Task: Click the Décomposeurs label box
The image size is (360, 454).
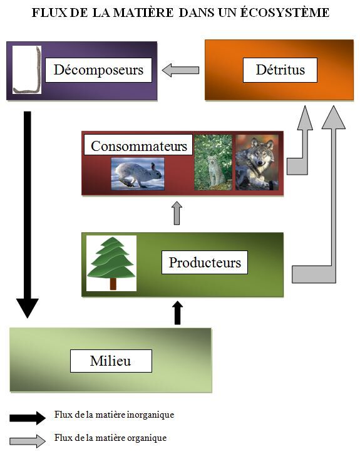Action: pos(98,70)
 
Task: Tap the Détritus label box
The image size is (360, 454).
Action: pos(280,70)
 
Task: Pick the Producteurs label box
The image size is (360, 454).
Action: pos(205,262)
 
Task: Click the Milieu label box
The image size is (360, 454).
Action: pos(111,361)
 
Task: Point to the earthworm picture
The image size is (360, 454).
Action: pos(27,70)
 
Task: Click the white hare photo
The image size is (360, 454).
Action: pos(138,173)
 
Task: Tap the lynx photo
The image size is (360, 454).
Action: pos(213,162)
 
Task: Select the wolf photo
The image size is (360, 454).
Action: pos(257,162)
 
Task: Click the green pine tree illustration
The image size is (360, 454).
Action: pos(111,263)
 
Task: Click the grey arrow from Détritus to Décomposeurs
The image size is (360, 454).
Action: pos(180,70)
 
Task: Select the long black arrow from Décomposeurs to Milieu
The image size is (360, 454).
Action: pos(27,215)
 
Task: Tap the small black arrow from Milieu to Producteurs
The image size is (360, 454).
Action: pos(178,312)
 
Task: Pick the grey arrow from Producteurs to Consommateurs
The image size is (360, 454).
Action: pos(177,213)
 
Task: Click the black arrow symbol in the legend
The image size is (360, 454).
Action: pos(28,418)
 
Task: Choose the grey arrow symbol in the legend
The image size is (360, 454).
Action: pos(28,441)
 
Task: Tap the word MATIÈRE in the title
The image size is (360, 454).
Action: pos(143,13)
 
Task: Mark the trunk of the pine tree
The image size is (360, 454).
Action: pos(113,284)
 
